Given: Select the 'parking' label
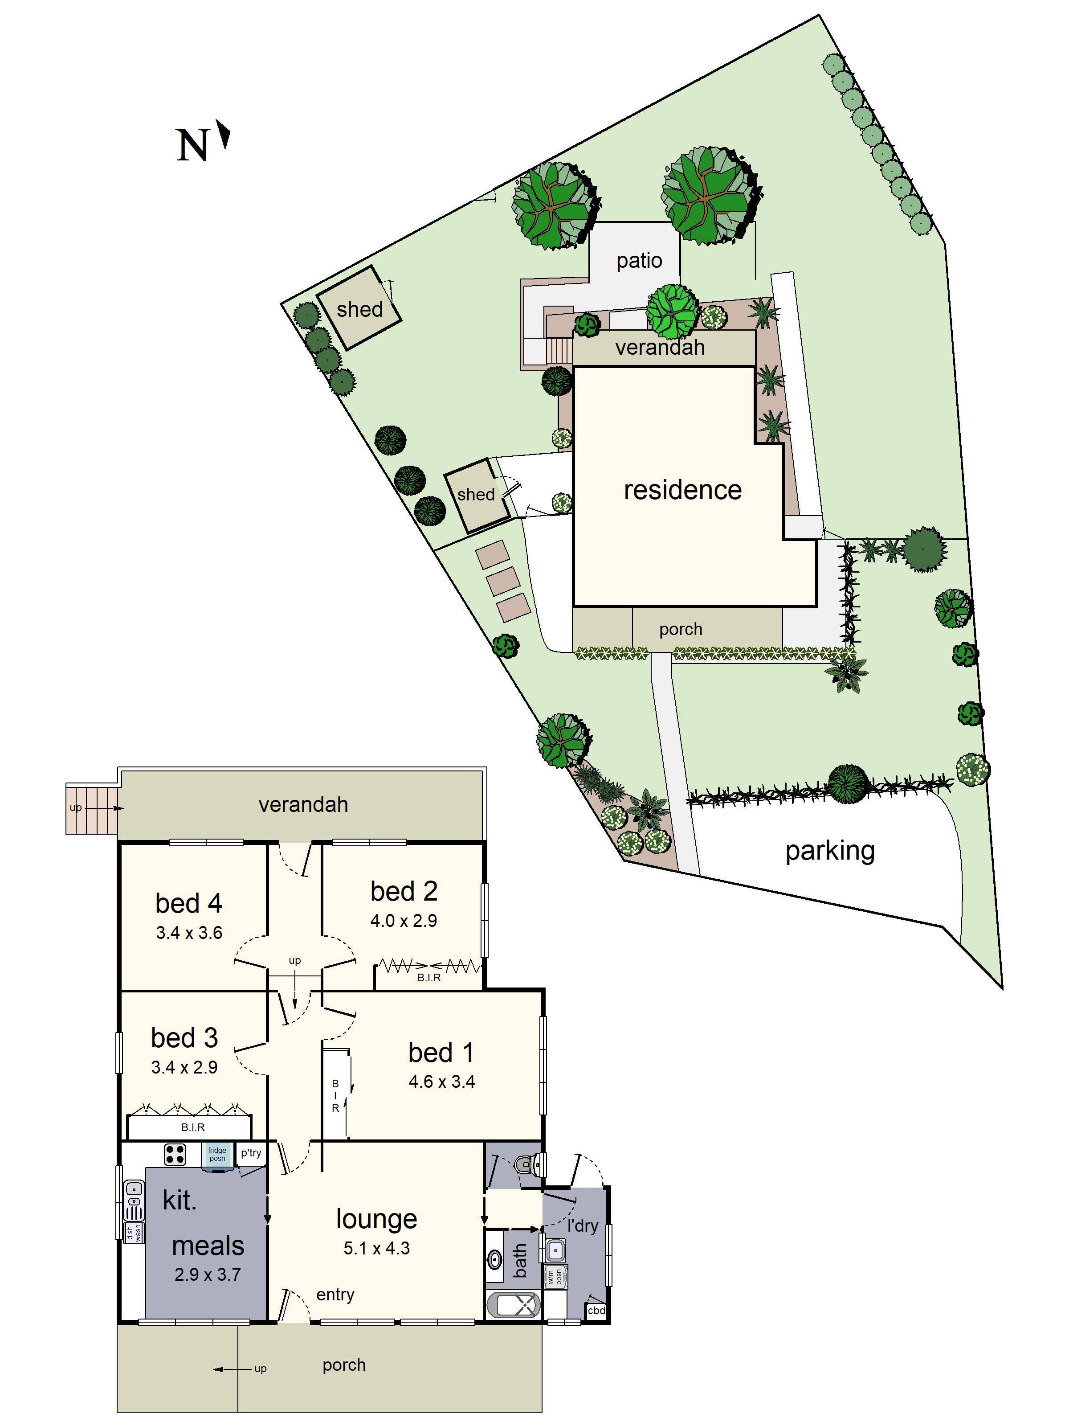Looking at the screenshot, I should (829, 851).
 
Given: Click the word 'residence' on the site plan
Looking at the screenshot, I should (682, 490).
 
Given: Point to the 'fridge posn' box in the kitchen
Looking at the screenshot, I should (217, 1154).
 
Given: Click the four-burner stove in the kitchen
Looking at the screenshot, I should (175, 1155).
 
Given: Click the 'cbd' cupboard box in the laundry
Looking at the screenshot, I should (596, 1311).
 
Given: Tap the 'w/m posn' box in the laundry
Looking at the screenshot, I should (555, 1277).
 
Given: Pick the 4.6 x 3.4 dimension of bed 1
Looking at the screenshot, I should (441, 1082).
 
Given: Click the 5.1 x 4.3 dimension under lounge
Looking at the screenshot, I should (376, 1249).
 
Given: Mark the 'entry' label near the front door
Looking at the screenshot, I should (335, 1295).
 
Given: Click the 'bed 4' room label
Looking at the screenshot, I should (188, 903).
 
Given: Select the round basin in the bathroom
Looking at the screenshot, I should (495, 1258).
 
